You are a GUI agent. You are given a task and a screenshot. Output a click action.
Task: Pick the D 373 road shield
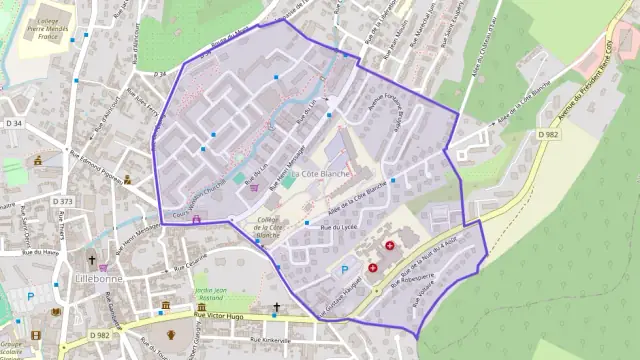pyautogui.click(x=63, y=201)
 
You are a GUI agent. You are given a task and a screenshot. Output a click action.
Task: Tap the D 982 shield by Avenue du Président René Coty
pyautogui.click(x=547, y=133)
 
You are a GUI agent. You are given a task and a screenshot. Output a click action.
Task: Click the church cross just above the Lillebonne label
pyautogui.click(x=103, y=260)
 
